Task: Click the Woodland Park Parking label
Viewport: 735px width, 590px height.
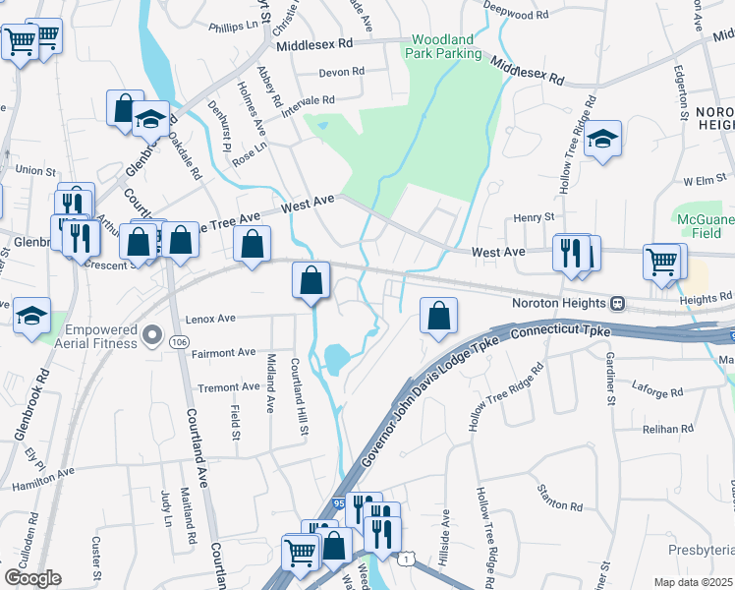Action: [445, 46]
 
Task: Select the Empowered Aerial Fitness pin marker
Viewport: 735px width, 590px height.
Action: [151, 336]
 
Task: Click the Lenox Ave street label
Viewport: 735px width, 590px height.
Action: [210, 319]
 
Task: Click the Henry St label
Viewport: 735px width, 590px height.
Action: [536, 216]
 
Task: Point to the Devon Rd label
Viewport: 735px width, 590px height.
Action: [342, 72]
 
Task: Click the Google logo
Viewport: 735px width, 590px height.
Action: [32, 578]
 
